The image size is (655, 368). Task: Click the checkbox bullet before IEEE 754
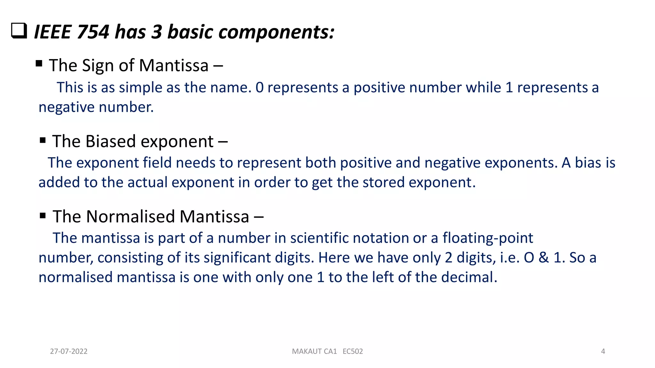pos(19,31)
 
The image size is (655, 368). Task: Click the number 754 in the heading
pos(93,32)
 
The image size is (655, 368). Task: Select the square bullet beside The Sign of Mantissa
pos(39,63)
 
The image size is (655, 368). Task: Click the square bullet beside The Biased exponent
pos(43,140)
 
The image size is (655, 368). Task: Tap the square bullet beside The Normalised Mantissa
pos(43,215)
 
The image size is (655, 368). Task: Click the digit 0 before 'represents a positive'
pos(259,88)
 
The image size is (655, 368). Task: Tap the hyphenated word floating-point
pos(488,238)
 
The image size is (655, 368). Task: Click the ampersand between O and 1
pos(544,257)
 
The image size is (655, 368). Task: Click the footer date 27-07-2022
pos(69,351)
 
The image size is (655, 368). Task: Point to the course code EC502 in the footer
pos(353,351)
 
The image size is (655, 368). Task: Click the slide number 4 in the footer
pos(603,351)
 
